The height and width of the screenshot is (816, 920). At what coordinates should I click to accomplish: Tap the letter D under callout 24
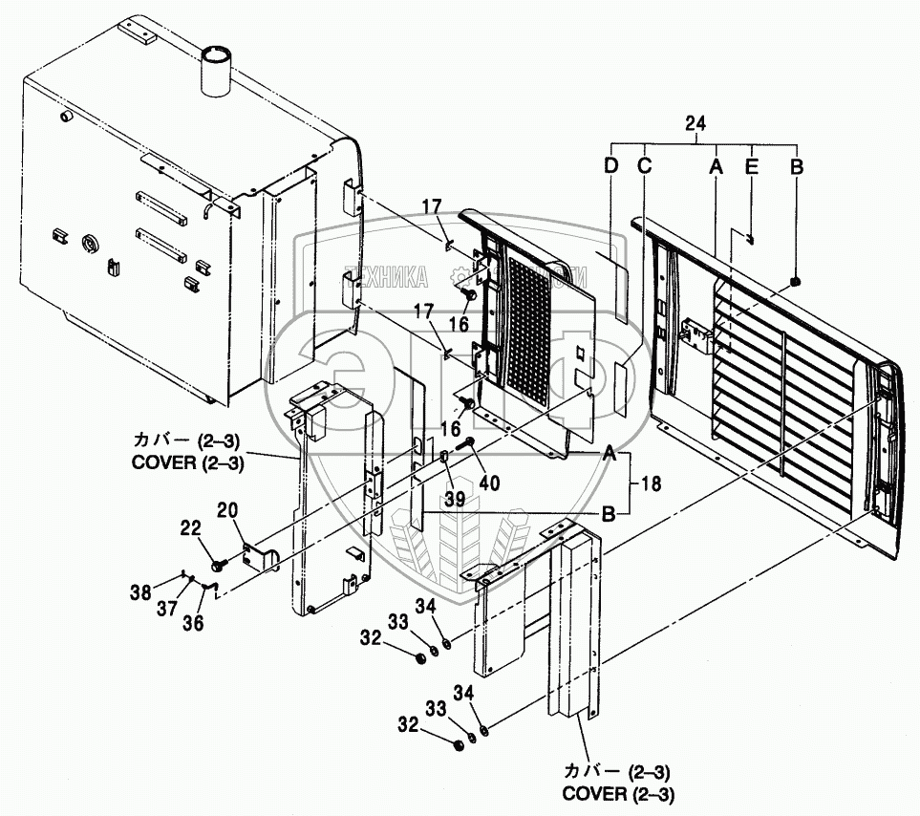(x=610, y=165)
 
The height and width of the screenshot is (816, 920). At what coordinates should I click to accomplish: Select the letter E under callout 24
(x=751, y=165)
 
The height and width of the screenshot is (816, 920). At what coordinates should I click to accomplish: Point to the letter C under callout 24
(x=644, y=165)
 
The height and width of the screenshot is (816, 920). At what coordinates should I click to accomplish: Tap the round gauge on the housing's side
(x=91, y=244)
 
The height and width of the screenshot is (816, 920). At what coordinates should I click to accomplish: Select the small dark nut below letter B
(x=796, y=281)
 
